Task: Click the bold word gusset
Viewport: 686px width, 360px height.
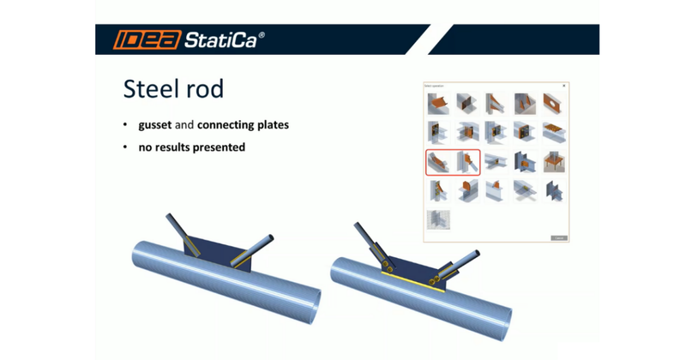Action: (155, 125)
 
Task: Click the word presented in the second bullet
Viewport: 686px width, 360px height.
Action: (220, 147)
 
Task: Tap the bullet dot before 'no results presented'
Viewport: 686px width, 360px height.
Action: (125, 147)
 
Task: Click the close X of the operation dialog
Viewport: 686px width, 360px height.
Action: (563, 86)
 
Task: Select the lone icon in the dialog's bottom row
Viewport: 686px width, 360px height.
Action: (439, 219)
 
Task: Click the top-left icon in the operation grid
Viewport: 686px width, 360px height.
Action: (439, 105)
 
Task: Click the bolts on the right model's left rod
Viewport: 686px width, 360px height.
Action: (388, 260)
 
